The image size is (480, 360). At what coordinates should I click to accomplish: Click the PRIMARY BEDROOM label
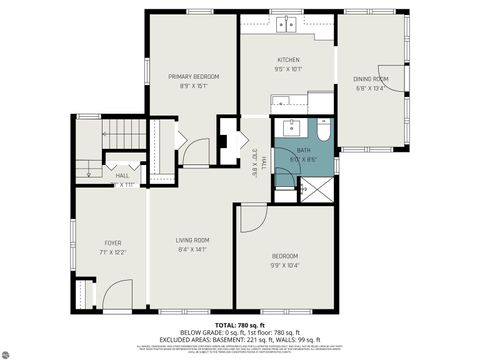pyautogui.click(x=193, y=76)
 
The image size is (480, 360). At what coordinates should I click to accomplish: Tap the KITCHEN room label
pyautogui.click(x=289, y=60)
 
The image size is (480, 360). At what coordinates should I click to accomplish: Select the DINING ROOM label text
pyautogui.click(x=370, y=78)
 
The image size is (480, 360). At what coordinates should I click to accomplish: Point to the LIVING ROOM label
pyautogui.click(x=192, y=240)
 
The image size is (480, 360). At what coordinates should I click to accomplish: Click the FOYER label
pyautogui.click(x=113, y=243)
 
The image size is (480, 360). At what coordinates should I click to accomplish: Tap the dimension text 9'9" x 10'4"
pyautogui.click(x=285, y=265)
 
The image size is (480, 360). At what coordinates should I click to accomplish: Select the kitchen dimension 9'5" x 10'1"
pyautogui.click(x=289, y=70)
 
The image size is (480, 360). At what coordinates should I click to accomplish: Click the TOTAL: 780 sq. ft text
pyautogui.click(x=239, y=325)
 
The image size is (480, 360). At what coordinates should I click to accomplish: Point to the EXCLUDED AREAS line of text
pyautogui.click(x=240, y=339)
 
